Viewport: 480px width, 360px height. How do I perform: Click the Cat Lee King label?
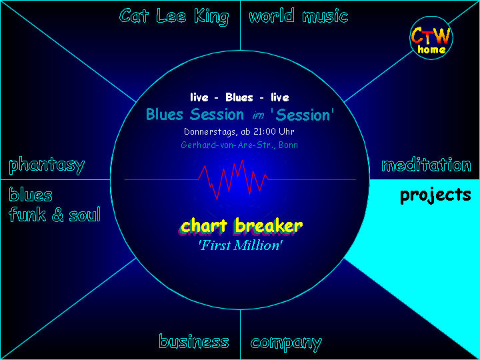point(174,17)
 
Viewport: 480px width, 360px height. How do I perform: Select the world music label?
point(299,15)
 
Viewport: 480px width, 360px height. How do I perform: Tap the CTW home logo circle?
point(431,38)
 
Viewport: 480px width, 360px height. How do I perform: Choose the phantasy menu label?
point(47,165)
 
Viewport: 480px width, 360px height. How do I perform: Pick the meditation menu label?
point(426,165)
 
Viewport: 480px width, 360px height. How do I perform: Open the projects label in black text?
point(435,195)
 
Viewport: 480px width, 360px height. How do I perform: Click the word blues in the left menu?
point(31,195)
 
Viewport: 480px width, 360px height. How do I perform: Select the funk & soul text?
point(55,214)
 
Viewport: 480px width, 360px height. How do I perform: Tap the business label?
point(194,341)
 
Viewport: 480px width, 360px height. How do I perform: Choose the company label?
point(286,343)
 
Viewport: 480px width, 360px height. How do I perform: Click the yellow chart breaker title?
point(241,225)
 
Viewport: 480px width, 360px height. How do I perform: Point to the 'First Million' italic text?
point(241,245)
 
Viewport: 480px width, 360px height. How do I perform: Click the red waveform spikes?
point(233,180)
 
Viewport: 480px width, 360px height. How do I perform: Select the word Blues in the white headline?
point(239,97)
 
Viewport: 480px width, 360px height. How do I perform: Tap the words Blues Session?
point(195,115)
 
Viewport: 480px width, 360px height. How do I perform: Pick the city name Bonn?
point(288,145)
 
